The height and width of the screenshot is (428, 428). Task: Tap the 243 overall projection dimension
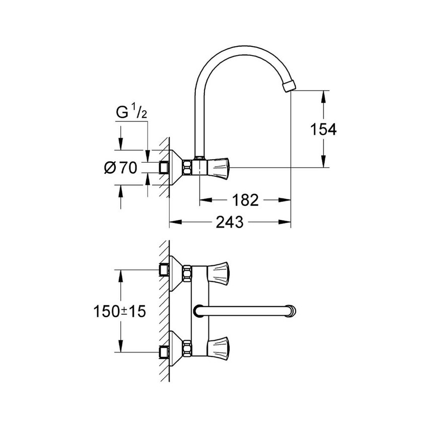(x=230, y=222)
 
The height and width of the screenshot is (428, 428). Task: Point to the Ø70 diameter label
(x=120, y=168)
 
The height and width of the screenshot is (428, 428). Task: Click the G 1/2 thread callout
(x=131, y=114)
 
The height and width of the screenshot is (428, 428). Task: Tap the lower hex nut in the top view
(x=187, y=347)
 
